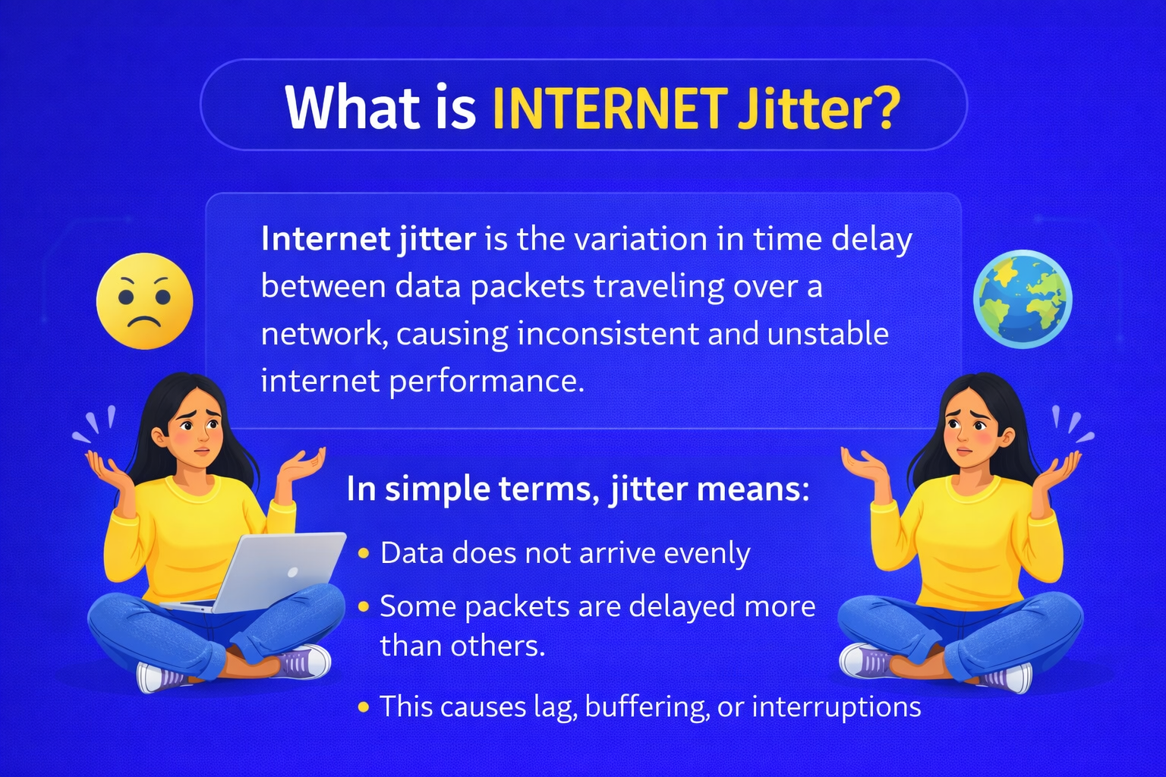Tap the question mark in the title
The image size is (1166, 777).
pos(882,108)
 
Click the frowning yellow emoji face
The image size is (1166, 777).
pos(144,301)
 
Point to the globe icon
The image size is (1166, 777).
pos(1023,298)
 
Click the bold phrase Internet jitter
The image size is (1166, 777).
pos(368,239)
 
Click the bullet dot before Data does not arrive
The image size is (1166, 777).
pos(364,554)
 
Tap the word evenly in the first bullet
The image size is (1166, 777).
pos(707,554)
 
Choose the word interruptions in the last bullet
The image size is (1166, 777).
pos(836,707)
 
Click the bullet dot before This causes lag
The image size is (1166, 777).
pos(364,707)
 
